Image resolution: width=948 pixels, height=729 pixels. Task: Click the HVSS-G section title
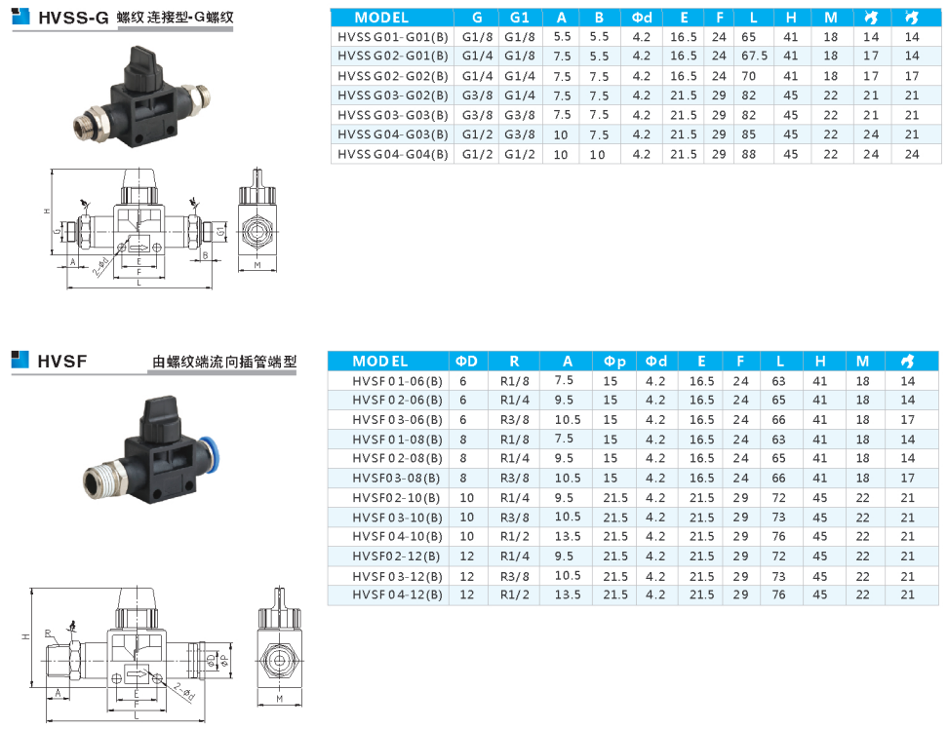coord(73,18)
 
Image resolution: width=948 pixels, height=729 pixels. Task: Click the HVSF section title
coord(62,362)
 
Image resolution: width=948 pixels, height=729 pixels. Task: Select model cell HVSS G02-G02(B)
coord(393,76)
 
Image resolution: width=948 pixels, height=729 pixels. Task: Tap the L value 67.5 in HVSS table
coord(754,56)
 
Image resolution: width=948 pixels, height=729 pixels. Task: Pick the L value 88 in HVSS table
coord(748,154)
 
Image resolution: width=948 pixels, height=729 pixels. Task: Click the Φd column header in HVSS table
coord(642,18)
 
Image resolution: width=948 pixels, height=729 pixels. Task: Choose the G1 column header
coord(519,18)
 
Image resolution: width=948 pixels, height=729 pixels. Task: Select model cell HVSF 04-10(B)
coord(397,536)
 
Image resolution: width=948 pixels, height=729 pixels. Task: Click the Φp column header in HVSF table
coord(614,362)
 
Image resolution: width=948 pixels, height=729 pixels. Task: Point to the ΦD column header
coord(466,362)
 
